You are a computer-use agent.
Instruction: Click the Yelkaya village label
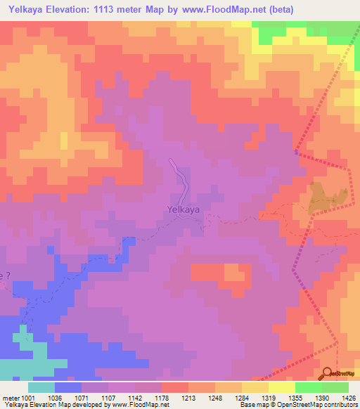184,209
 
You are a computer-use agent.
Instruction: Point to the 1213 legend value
188,397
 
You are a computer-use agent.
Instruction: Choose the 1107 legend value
108,397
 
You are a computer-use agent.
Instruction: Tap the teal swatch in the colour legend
41,387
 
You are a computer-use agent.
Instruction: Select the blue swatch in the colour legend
68,387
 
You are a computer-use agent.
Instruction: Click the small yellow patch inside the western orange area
64,140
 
